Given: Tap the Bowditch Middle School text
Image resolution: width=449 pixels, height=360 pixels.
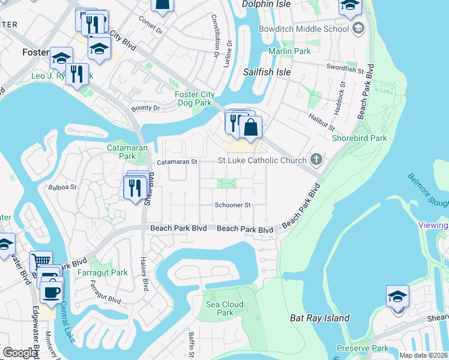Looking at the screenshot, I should pos(303,29).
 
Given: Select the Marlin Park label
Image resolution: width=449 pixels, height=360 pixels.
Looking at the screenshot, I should pos(289,52).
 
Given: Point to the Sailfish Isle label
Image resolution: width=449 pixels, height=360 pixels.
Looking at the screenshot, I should pos(267,72).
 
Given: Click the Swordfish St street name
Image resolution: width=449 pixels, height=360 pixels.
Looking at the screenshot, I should pos(345,70).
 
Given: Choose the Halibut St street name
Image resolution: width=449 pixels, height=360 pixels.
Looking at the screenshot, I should pos(321,123).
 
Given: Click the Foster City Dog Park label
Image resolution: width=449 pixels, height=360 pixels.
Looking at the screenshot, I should pos(193,98).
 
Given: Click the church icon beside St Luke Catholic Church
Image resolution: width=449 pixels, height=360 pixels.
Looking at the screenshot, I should pos(316,160).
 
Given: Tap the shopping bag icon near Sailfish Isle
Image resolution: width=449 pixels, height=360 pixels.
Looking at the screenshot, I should pos(251,127).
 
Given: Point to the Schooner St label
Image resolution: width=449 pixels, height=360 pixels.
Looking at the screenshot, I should pos(232,205).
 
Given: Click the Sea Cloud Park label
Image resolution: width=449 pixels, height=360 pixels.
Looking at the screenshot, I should pos(224,308).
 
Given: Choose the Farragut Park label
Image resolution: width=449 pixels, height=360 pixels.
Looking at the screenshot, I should pos(103,272).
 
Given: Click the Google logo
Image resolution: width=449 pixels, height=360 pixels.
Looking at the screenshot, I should pos(20,353).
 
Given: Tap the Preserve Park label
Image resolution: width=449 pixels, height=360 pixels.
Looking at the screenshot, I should pos(362,348).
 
